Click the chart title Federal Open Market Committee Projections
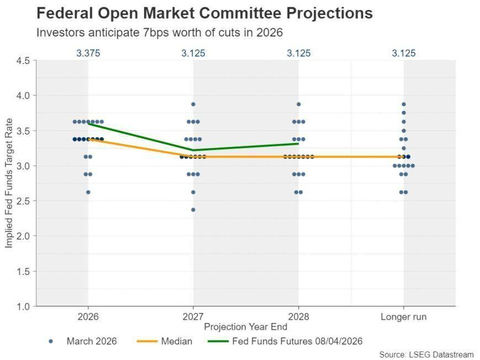coord(204,13)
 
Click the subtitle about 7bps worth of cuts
coord(159,33)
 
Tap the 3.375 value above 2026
coord(88,54)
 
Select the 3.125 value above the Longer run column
coord(403,54)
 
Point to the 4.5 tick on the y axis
coord(23,60)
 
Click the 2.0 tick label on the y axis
coord(23,236)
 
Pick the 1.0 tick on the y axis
coord(23,306)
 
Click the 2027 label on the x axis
coord(193,317)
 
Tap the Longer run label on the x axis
coord(403,317)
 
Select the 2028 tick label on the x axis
coord(298,317)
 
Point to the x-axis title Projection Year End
coord(246,327)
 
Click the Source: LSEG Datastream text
coord(426,354)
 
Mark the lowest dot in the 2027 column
coord(193,210)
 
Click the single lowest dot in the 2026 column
coord(88,192)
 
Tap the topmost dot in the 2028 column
coord(298,104)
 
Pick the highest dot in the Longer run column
coord(403,104)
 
